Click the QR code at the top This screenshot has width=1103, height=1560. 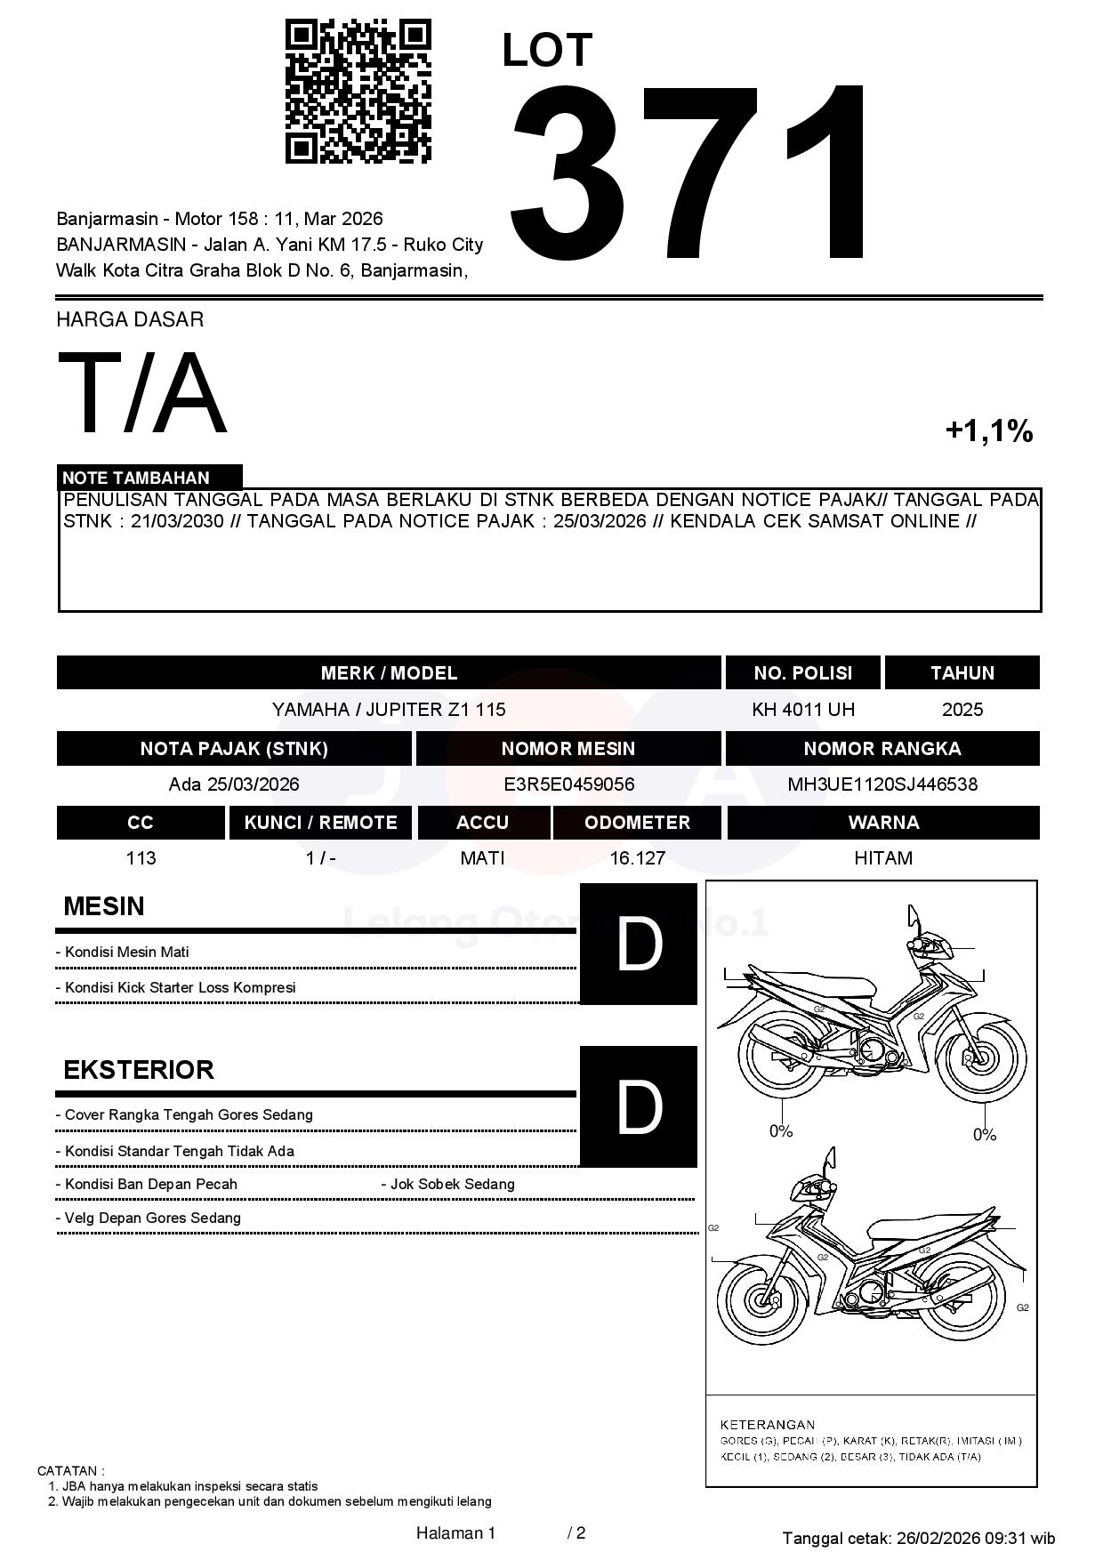pyautogui.click(x=358, y=92)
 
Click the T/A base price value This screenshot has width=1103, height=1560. pyautogui.click(x=142, y=393)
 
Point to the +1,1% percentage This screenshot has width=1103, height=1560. pyautogui.click(x=988, y=431)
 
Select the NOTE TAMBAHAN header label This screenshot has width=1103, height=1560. pyautogui.click(x=136, y=478)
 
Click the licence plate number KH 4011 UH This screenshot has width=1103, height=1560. pyautogui.click(x=802, y=710)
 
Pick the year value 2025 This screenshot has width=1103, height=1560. pyautogui.click(x=962, y=710)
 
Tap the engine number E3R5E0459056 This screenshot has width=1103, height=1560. pyautogui.click(x=568, y=784)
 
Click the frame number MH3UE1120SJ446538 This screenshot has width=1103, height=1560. pyautogui.click(x=882, y=784)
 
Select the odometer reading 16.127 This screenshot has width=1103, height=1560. pyautogui.click(x=637, y=858)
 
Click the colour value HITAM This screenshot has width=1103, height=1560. pyautogui.click(x=882, y=858)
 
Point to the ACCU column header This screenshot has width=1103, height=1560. pyautogui.click(x=482, y=823)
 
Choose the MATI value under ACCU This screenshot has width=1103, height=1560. pyautogui.click(x=482, y=858)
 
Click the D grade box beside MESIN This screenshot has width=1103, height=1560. pyautogui.click(x=639, y=944)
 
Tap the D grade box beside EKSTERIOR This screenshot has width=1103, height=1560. pyautogui.click(x=639, y=1106)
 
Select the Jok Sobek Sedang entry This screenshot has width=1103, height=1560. pyautogui.click(x=452, y=1185)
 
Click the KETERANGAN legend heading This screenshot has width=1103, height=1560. pyautogui.click(x=767, y=1424)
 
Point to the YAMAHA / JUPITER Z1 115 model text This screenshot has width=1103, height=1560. pyautogui.click(x=389, y=710)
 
